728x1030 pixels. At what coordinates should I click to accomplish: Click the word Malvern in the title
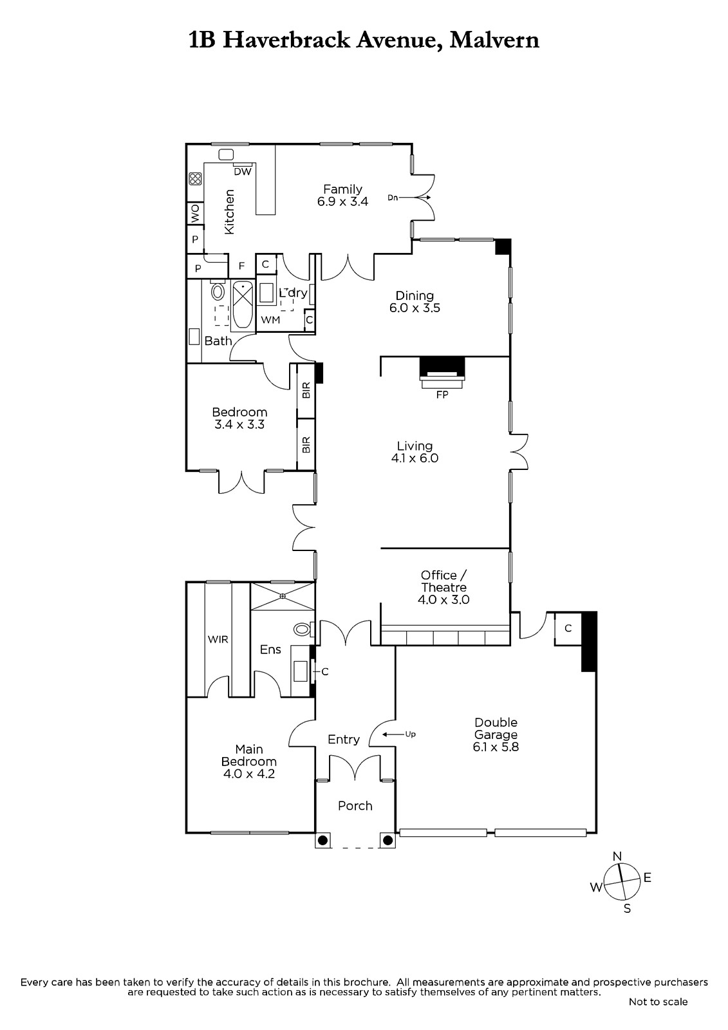coord(494,41)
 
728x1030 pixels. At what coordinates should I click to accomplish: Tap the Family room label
coord(342,189)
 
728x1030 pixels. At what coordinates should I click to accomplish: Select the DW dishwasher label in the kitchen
coord(243,171)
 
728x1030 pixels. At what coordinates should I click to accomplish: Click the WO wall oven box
coord(196,213)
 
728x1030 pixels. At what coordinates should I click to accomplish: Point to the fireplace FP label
coord(442,395)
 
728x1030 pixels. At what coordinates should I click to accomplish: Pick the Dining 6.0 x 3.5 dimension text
coord(415,308)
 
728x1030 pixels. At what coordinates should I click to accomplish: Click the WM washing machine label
coord(270,319)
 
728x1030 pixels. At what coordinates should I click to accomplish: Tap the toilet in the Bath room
coord(218,290)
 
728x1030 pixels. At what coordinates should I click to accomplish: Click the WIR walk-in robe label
coord(218,639)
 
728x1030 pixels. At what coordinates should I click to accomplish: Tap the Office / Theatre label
coord(443,581)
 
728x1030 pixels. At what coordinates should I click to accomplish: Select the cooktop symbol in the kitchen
coord(195,178)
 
